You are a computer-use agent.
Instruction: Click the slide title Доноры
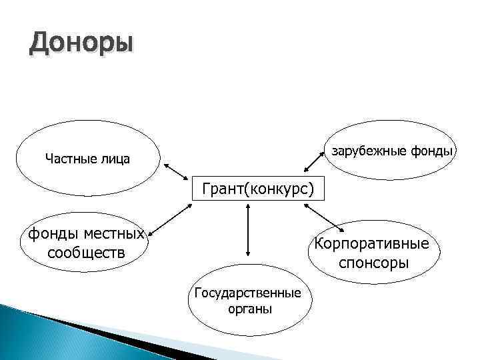(x=81, y=45)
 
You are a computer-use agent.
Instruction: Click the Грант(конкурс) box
(x=253, y=189)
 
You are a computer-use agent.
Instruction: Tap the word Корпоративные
(x=376, y=241)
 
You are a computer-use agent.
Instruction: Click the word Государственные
(x=247, y=293)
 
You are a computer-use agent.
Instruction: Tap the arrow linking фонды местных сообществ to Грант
(x=170, y=221)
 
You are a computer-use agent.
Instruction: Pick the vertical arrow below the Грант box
(x=248, y=230)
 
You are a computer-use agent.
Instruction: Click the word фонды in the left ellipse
(x=49, y=234)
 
